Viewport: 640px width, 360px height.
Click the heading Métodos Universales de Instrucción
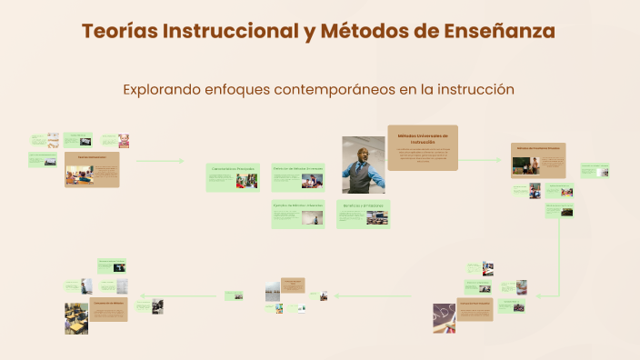[423, 138]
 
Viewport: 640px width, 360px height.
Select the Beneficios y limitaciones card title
[363, 205]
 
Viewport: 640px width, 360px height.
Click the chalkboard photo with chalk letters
[445, 314]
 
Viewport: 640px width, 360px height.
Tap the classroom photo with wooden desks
[76, 319]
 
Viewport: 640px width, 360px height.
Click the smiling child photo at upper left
[123, 141]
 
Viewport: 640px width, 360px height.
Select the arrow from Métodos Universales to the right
[480, 160]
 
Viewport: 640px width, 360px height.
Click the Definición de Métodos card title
[298, 169]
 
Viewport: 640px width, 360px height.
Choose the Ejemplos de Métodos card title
[298, 205]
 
